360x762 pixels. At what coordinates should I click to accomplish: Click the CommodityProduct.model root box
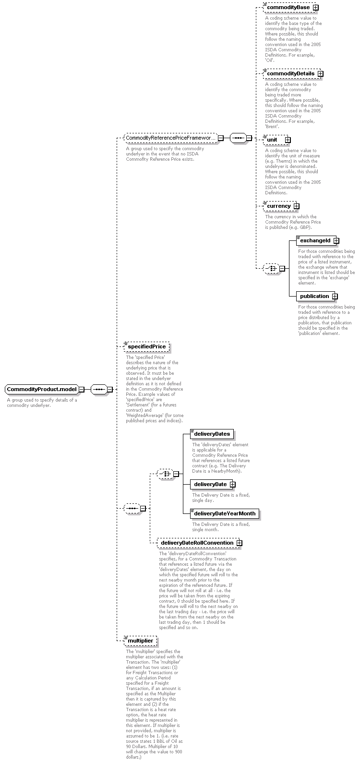[42, 389]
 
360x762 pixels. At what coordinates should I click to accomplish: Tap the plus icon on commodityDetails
[321, 73]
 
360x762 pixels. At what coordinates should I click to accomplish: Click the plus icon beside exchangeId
[336, 240]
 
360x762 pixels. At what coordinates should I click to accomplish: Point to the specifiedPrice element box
[146, 346]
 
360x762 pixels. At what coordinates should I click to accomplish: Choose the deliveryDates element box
[212, 434]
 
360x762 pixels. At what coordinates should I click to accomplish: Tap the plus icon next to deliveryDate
[233, 485]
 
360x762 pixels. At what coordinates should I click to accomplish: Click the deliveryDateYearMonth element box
[225, 513]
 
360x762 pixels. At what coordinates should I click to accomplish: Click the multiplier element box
[141, 641]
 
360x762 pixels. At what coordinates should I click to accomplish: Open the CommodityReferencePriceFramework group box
[171, 138]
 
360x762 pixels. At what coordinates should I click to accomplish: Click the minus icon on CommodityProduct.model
[82, 389]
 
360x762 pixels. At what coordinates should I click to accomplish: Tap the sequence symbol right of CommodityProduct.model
[99, 389]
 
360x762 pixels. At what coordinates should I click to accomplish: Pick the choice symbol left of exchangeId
[272, 268]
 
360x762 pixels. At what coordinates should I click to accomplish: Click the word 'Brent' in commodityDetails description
[272, 127]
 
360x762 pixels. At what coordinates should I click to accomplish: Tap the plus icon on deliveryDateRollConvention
[240, 543]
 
